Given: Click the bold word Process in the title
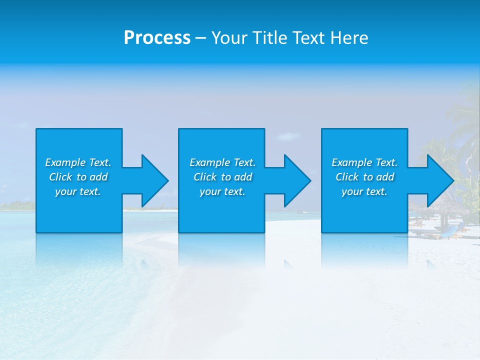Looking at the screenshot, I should click(157, 38).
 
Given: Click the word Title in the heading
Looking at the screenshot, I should click(270, 38).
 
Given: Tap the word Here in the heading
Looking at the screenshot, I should click(350, 38).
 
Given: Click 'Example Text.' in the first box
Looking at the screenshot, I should click(78, 162).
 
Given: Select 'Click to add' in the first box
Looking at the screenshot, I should click(78, 177).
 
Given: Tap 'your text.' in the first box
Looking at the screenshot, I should click(78, 191).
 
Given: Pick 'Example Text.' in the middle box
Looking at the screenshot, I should click(222, 162).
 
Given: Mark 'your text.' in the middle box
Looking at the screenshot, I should click(222, 191).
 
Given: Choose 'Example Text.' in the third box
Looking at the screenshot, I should click(364, 162).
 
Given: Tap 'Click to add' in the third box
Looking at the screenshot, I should click(365, 177).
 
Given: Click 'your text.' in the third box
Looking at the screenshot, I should click(364, 191).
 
